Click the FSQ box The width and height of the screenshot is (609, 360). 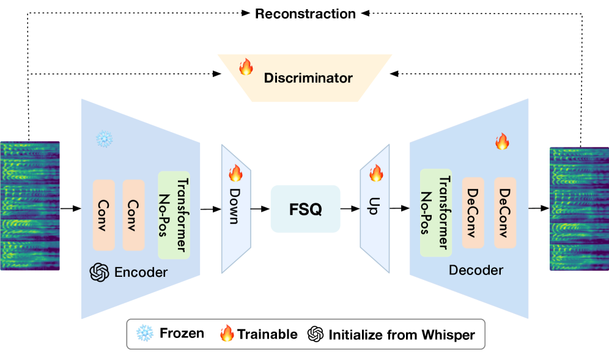[x=305, y=209]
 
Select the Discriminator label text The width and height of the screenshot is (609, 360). [x=308, y=78]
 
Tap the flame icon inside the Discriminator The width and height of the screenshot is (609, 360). [x=246, y=67]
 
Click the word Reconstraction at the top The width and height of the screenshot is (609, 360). [x=305, y=13]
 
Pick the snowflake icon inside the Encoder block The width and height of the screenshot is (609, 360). [x=105, y=139]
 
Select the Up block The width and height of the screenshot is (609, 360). [x=374, y=208]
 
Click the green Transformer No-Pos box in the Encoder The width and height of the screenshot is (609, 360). [x=174, y=215]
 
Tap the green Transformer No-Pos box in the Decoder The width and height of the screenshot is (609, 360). [x=436, y=212]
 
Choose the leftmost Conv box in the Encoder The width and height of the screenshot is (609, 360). [x=103, y=215]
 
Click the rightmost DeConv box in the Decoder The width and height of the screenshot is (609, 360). [x=505, y=212]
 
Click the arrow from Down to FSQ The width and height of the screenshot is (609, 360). [x=260, y=209]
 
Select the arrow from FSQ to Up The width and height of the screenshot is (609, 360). [x=350, y=209]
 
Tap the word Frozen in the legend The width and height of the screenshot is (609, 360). [x=182, y=334]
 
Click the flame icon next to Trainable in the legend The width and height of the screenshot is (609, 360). [x=227, y=334]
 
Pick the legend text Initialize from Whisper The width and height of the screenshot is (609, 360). [x=401, y=334]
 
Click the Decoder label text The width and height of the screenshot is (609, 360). [x=476, y=270]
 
